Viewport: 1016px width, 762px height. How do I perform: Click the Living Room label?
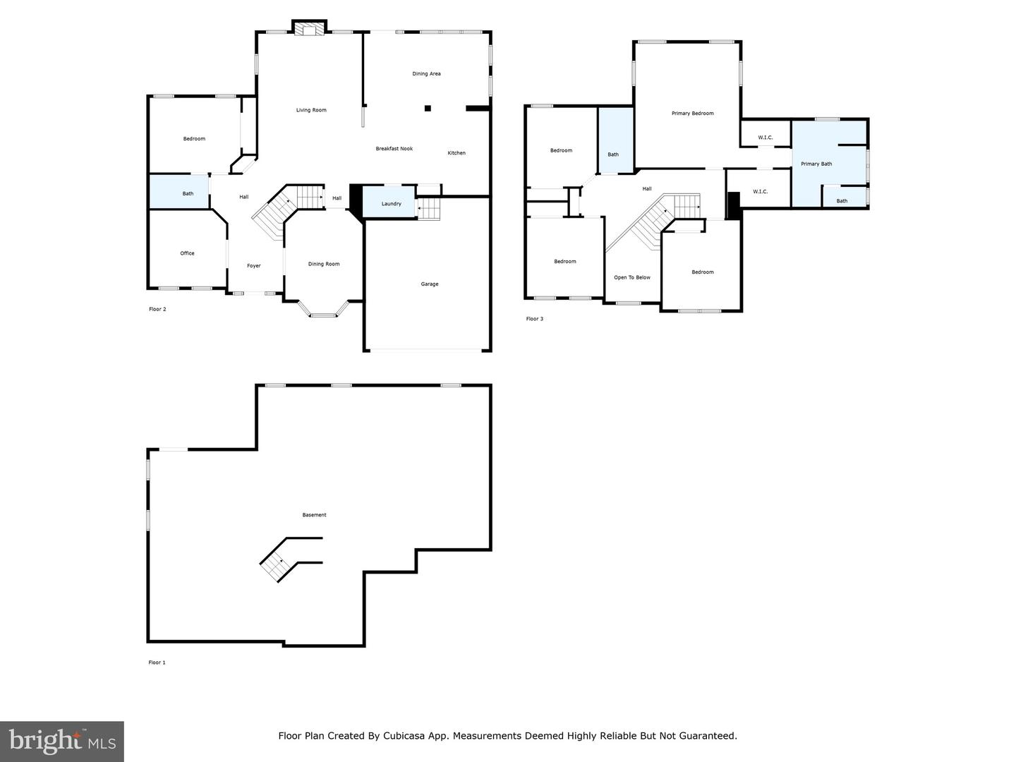point(311,110)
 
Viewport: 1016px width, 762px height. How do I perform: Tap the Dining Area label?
point(426,73)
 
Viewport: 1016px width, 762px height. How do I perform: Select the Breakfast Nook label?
point(394,148)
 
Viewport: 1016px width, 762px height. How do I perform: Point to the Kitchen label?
point(456,152)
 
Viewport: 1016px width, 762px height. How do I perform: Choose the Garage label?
point(430,284)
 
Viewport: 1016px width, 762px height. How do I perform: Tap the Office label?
point(187,253)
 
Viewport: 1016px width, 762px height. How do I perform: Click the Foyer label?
point(254,265)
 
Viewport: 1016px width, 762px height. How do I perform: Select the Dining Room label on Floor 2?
point(324,264)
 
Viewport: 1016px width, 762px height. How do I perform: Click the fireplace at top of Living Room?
point(309,28)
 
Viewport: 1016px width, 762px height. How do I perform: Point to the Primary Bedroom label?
point(692,114)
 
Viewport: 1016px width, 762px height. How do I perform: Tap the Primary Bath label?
point(816,164)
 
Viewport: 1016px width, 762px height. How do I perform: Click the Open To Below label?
point(631,277)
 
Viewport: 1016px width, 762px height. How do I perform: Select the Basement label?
point(314,514)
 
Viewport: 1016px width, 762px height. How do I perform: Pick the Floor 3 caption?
point(535,319)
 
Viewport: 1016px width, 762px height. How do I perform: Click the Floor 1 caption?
point(157,663)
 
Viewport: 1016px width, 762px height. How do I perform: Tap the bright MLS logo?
point(62,742)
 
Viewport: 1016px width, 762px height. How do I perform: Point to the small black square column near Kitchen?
point(428,108)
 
